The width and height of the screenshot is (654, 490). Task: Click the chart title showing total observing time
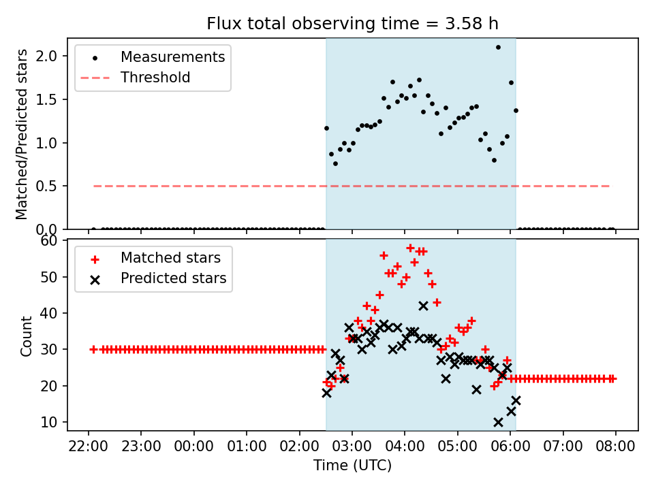352,24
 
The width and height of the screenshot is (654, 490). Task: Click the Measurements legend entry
172,57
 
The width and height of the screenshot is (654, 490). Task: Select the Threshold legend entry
155,78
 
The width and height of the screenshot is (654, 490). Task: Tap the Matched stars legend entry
170,258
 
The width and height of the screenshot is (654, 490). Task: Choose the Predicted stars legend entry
173,278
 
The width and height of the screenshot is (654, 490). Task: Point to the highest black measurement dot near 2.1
498,47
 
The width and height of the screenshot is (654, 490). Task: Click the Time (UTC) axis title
352,466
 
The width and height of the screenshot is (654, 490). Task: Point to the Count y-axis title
27,336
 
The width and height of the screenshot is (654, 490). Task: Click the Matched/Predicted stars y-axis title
22,134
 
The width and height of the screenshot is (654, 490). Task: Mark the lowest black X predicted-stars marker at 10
498,422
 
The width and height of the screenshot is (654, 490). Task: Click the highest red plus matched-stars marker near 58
410,248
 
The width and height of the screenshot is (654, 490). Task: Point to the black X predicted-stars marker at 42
423,306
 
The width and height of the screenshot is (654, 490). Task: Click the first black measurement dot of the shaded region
326,128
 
